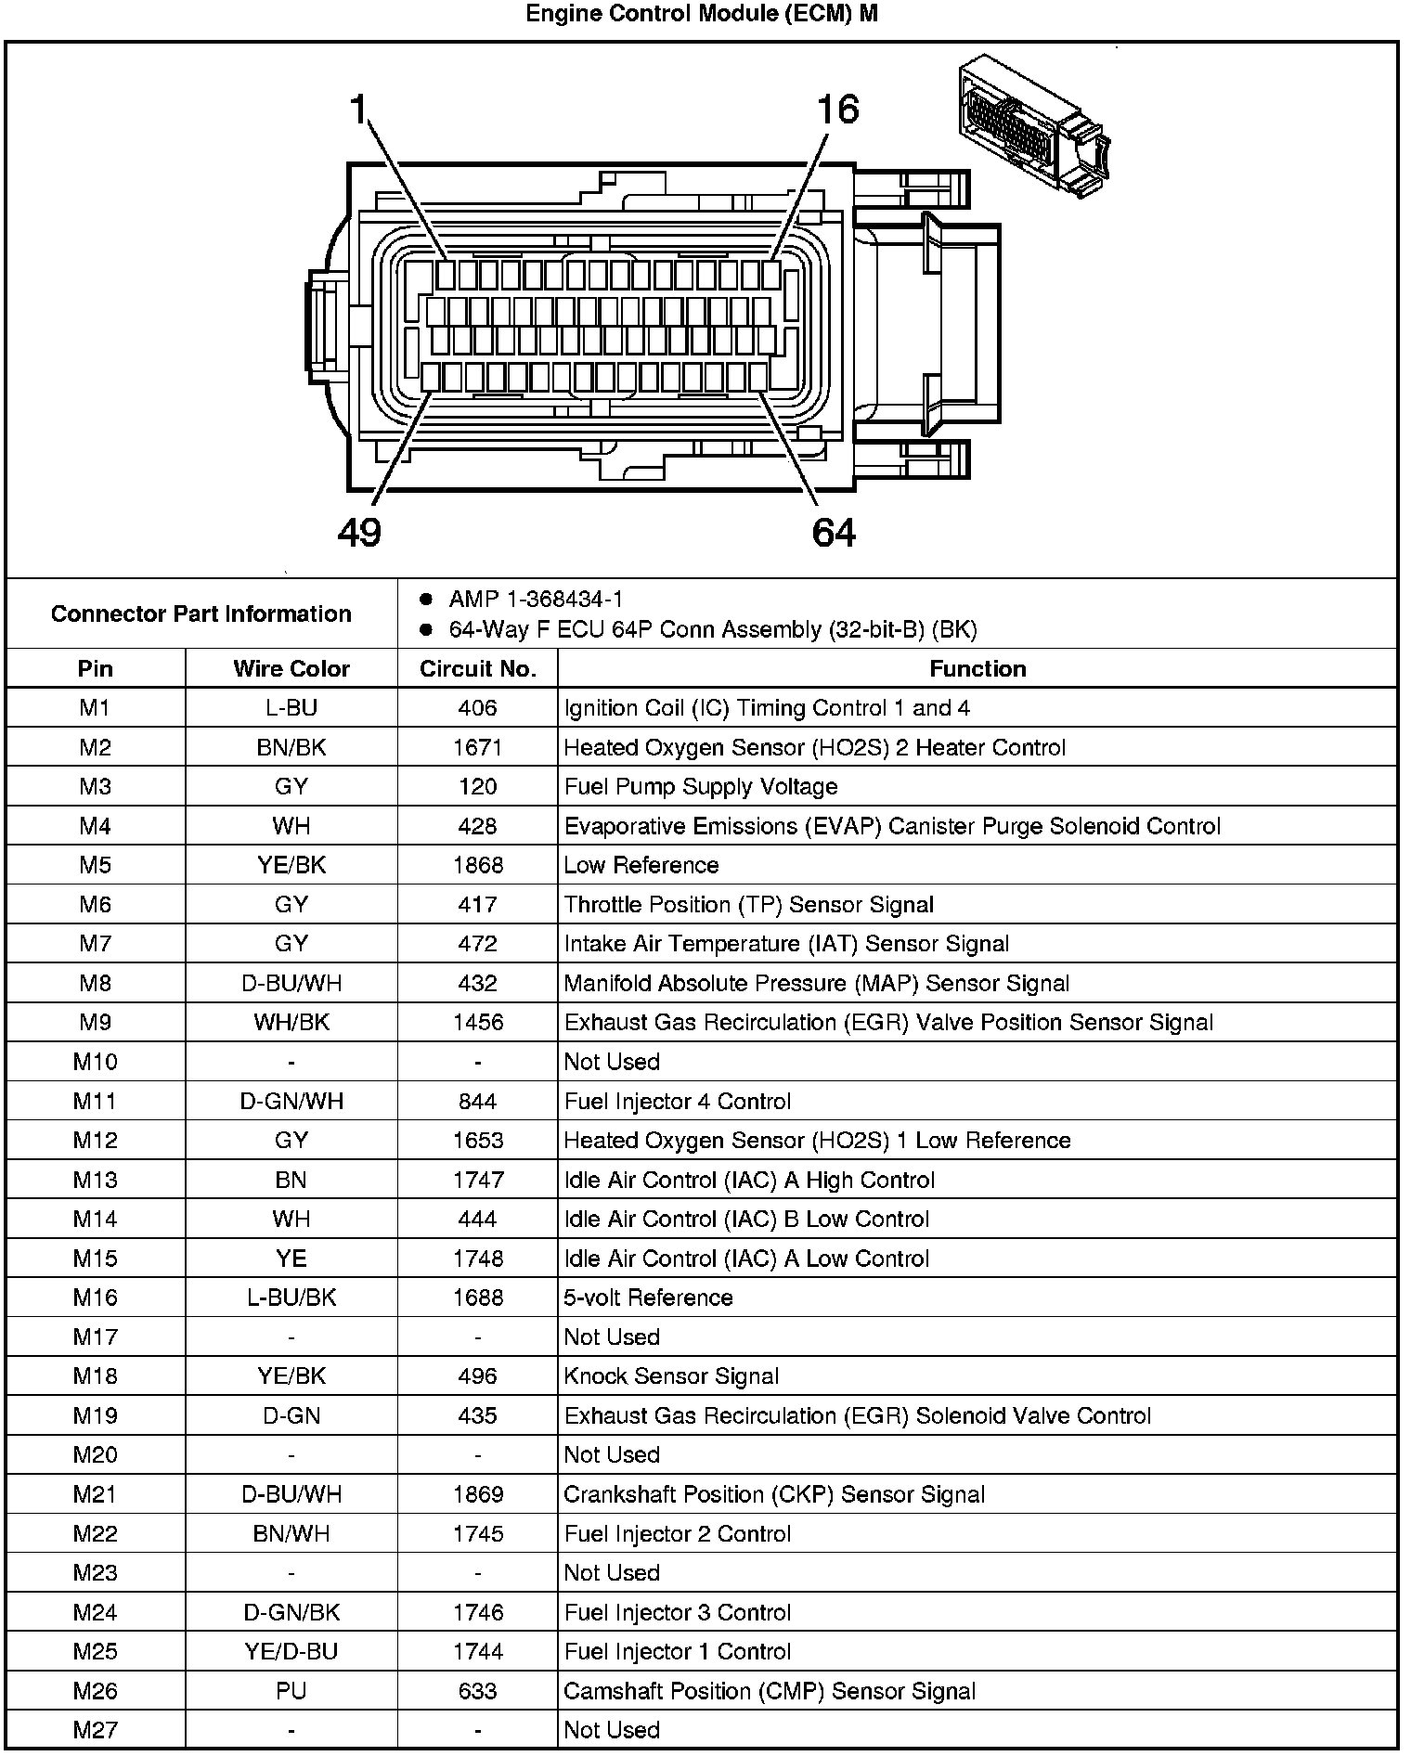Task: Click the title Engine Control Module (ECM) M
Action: pyautogui.click(x=702, y=14)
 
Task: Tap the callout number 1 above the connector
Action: pyautogui.click(x=359, y=110)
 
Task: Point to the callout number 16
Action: pyautogui.click(x=837, y=110)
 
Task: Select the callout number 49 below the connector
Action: pyautogui.click(x=359, y=532)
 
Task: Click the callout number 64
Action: pyautogui.click(x=833, y=532)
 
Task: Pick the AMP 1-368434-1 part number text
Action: pyautogui.click(x=536, y=600)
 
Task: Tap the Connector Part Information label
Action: pyautogui.click(x=201, y=613)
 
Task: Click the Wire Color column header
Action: pyautogui.click(x=291, y=669)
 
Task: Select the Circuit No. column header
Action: pyautogui.click(x=478, y=669)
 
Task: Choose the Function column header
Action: pyautogui.click(x=977, y=669)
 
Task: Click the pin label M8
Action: pyautogui.click(x=95, y=983)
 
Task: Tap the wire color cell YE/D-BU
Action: pyautogui.click(x=291, y=1651)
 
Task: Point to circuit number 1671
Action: pyautogui.click(x=478, y=747)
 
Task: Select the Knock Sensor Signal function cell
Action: pyautogui.click(x=671, y=1376)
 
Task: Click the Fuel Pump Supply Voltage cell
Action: pyautogui.click(x=701, y=787)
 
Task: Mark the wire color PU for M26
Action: pyautogui.click(x=291, y=1691)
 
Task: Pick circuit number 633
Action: pyautogui.click(x=478, y=1691)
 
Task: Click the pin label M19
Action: pyautogui.click(x=95, y=1415)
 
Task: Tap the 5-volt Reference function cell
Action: pyautogui.click(x=648, y=1298)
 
